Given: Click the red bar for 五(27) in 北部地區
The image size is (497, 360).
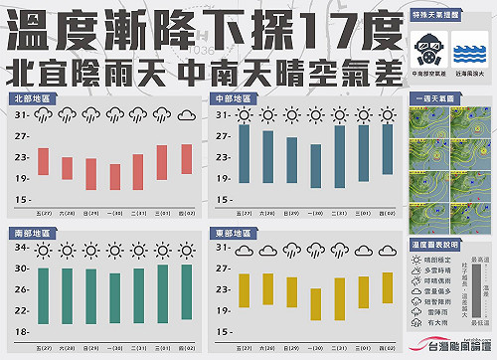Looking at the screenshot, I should point(44,161).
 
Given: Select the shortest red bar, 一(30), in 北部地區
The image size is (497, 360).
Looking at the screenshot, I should point(115,176).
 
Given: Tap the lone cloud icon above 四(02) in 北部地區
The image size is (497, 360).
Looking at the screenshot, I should point(185,115).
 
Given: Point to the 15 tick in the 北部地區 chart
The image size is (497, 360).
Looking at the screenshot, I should point(21,199).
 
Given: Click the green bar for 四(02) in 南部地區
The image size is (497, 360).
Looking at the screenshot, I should point(185,294).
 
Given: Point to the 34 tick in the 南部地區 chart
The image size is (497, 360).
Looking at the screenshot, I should point(21,248).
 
